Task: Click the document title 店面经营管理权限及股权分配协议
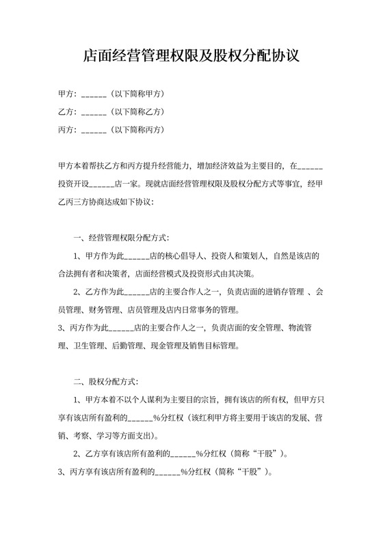pos(191,55)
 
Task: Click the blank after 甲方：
pos(94,93)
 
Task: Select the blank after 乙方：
pos(94,111)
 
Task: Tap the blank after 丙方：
pos(94,130)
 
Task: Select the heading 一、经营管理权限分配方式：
pos(120,238)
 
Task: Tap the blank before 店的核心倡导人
pos(137,257)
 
